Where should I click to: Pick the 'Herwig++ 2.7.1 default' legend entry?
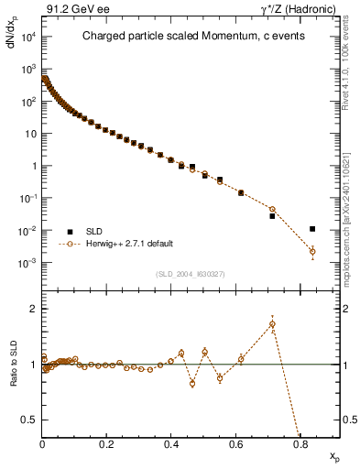(x=128, y=244)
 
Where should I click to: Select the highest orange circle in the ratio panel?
(x=272, y=324)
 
